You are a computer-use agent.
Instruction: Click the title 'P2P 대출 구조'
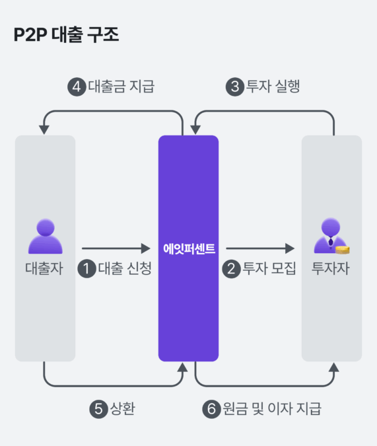point(66,34)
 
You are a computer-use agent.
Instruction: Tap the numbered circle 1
point(86,269)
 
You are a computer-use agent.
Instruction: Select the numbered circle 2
point(232,269)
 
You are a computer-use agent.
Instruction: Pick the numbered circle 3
point(235,87)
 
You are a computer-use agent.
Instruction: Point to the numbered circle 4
point(77,87)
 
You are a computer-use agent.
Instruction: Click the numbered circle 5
point(98,409)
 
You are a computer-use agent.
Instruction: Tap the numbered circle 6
point(211,409)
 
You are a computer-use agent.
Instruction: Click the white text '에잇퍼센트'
point(189,248)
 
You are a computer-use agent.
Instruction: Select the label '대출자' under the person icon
point(44,268)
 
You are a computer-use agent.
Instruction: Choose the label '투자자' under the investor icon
point(330,268)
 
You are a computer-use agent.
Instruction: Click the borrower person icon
point(45,236)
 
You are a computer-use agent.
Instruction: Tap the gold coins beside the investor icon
point(342,250)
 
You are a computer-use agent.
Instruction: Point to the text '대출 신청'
point(125,268)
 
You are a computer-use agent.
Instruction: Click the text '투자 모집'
point(269,268)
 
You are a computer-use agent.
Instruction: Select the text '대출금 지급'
point(121,86)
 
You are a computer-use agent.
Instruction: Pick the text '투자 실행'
point(273,86)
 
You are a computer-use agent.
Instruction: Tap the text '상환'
point(123,408)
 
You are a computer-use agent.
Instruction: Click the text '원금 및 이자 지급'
point(272,408)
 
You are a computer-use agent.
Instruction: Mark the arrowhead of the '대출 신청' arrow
point(146,248)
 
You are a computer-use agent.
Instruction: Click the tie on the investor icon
point(331,242)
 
